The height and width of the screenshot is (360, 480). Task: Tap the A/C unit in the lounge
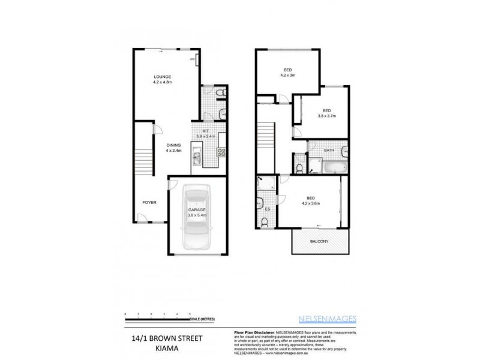(x=193, y=59)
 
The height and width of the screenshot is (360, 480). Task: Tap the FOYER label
(x=149, y=203)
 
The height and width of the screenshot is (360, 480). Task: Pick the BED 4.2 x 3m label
(x=287, y=72)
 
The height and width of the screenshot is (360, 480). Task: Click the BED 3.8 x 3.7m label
(x=326, y=113)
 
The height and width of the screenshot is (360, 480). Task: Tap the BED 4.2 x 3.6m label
(x=311, y=200)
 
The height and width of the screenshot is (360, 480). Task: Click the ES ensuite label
(x=268, y=208)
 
